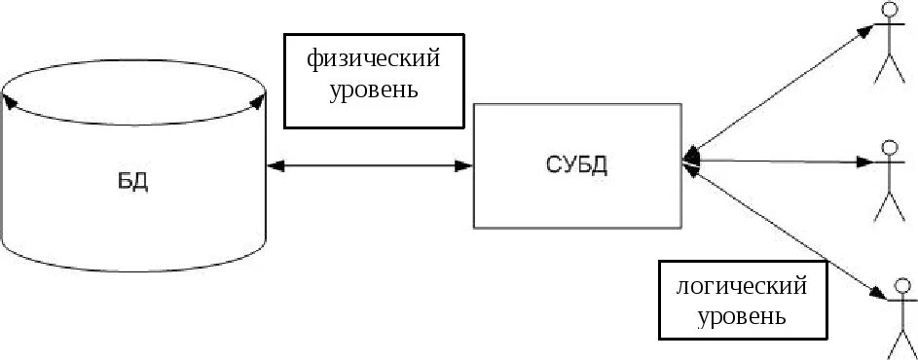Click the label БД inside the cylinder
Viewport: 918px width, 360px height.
(x=133, y=182)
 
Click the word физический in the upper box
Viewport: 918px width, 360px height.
(x=374, y=59)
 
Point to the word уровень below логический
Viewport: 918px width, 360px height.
(x=743, y=316)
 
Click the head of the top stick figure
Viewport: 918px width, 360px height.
(x=888, y=9)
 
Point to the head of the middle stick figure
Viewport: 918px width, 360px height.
(x=890, y=148)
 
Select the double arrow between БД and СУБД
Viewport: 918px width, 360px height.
(x=370, y=165)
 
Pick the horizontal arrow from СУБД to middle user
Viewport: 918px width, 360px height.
(x=779, y=161)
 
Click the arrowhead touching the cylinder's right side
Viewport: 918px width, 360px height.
(x=275, y=165)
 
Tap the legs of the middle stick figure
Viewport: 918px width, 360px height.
(x=890, y=206)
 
